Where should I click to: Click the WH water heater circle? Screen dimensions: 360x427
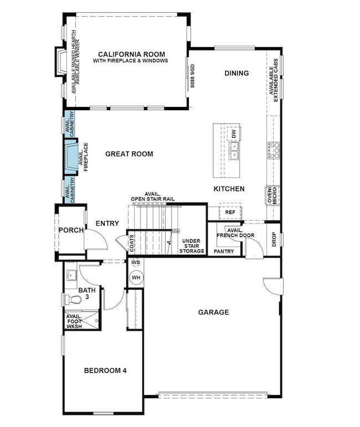(136, 277)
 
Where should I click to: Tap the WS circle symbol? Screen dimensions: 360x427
(135, 263)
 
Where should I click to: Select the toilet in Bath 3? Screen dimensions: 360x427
(73, 300)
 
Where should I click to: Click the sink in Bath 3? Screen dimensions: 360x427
(71, 275)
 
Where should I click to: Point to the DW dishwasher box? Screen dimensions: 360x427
(233, 133)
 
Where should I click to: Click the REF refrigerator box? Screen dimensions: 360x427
(230, 212)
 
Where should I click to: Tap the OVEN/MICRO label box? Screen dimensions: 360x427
(272, 195)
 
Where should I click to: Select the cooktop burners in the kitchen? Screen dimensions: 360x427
(274, 150)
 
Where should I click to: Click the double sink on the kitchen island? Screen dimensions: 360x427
(234, 151)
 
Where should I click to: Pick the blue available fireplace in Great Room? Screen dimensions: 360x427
(71, 157)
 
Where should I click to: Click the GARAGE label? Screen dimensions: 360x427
(213, 312)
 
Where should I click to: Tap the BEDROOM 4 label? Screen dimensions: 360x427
(105, 371)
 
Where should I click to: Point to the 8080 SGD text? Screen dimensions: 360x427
(193, 76)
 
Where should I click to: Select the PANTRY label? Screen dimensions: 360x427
(224, 251)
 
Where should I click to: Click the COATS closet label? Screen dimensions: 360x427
(132, 243)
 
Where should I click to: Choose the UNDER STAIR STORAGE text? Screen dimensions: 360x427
(192, 246)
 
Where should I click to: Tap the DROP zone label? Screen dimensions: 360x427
(274, 239)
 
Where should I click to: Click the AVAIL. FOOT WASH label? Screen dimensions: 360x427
(74, 321)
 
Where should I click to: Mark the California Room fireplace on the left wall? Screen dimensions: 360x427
(60, 62)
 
